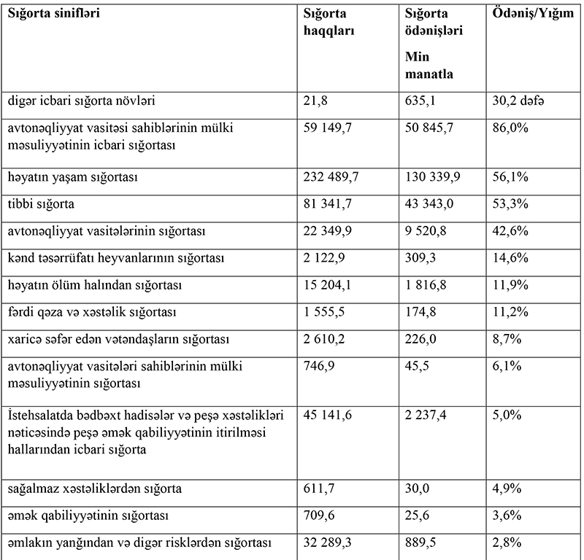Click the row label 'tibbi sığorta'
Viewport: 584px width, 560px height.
click(42, 203)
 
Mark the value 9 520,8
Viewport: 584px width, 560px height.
click(426, 231)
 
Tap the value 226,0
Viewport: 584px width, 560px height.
click(421, 339)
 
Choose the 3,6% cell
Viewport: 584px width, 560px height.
click(507, 515)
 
